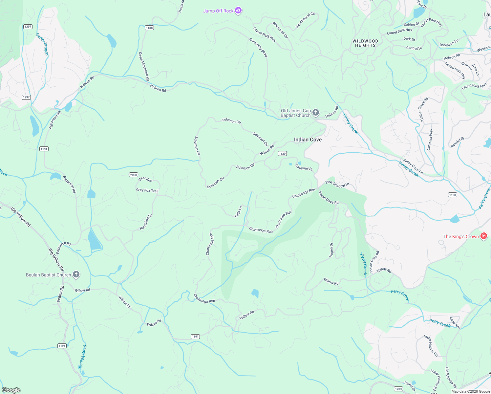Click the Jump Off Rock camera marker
[x=239, y=11]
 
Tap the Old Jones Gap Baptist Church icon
[x=315, y=113]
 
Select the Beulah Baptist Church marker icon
[x=76, y=275]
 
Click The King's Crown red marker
[x=483, y=236]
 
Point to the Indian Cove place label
[x=308, y=140]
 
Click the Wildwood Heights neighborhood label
[x=365, y=43]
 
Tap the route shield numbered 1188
[x=149, y=28]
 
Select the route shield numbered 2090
[x=133, y=175]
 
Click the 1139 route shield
[x=282, y=153]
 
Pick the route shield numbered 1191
[x=195, y=337]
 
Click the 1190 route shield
[x=453, y=195]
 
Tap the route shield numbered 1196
[x=62, y=346]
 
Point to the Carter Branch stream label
[x=42, y=44]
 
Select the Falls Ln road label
[x=239, y=212]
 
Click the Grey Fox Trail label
[x=147, y=190]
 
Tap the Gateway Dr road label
[x=304, y=167]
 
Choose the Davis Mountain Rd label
[x=144, y=66]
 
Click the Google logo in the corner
[x=11, y=390]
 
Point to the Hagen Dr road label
[x=331, y=250]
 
